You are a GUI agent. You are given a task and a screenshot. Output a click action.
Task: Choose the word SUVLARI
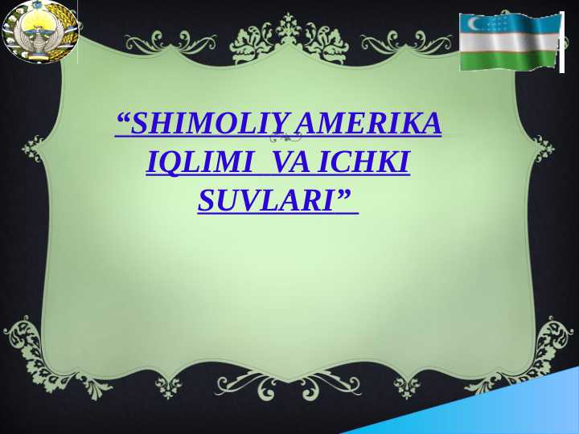click(265, 200)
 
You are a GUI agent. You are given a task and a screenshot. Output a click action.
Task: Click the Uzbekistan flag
click(508, 42)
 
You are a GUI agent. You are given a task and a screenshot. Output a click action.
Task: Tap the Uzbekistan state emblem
click(39, 32)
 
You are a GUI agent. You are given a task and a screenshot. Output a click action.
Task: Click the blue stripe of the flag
click(508, 23)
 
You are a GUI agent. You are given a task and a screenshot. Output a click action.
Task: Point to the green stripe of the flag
click(508, 58)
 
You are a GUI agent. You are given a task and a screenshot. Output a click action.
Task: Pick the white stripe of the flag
click(508, 42)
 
